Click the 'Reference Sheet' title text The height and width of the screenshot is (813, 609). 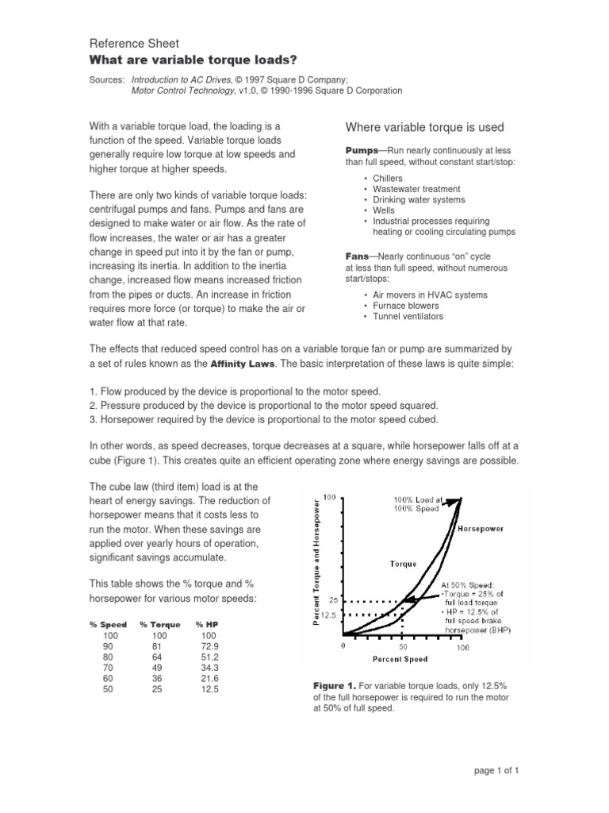[133, 43]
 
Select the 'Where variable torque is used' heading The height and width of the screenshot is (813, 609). [425, 127]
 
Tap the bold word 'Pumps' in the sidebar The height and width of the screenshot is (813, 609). [361, 150]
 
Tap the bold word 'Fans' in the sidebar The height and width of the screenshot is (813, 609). [358, 256]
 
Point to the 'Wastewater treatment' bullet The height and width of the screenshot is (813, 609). [416, 189]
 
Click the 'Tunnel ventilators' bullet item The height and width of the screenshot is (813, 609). [408, 316]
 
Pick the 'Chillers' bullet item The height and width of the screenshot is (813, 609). [388, 179]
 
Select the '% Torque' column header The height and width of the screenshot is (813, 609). [159, 625]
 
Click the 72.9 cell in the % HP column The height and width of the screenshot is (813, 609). [209, 646]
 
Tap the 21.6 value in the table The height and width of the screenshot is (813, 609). [209, 679]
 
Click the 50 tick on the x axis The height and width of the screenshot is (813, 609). [403, 647]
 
